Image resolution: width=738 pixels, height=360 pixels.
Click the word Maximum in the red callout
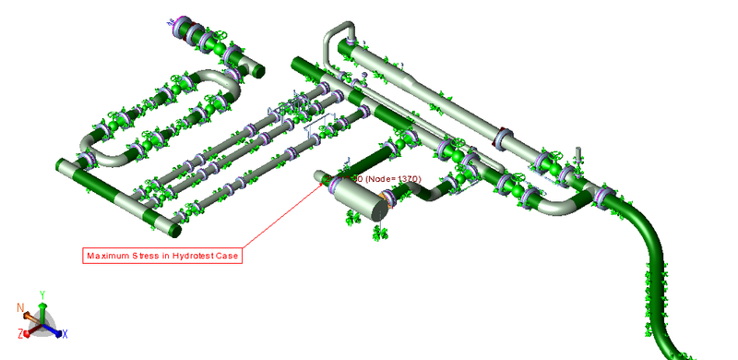click(109, 256)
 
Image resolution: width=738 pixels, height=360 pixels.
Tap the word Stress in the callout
click(148, 256)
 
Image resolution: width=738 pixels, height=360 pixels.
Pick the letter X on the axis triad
click(65, 332)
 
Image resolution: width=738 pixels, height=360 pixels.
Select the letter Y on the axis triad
click(42, 295)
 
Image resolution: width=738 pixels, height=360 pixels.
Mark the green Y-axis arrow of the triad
click(42, 308)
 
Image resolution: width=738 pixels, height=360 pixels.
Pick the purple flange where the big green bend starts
click(604, 196)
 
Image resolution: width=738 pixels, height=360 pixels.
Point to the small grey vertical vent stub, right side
click(578, 156)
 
